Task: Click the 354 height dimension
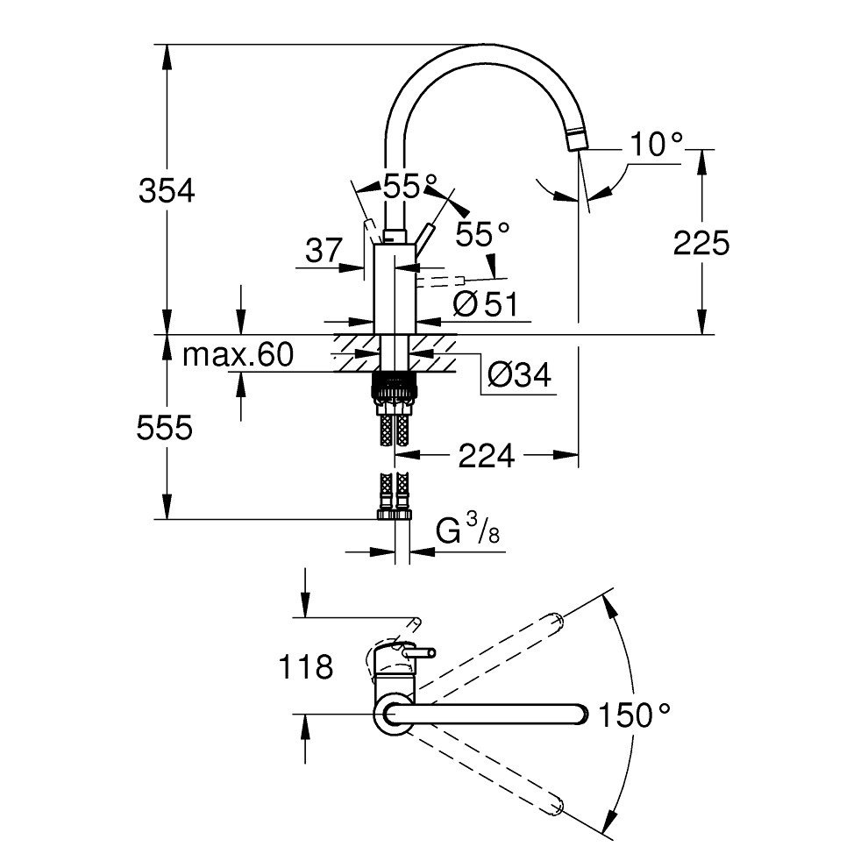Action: [167, 191]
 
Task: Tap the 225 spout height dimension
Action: [701, 243]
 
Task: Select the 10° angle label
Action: [657, 145]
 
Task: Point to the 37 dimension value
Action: [324, 250]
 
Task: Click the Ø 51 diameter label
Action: [486, 304]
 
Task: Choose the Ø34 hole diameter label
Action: [520, 375]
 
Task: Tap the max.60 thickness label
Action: [238, 355]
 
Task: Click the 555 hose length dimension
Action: [165, 428]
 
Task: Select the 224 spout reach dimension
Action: [487, 456]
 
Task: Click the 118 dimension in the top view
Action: [306, 666]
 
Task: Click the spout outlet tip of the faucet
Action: [577, 140]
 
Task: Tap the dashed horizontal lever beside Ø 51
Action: [441, 281]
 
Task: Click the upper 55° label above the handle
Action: [410, 186]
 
